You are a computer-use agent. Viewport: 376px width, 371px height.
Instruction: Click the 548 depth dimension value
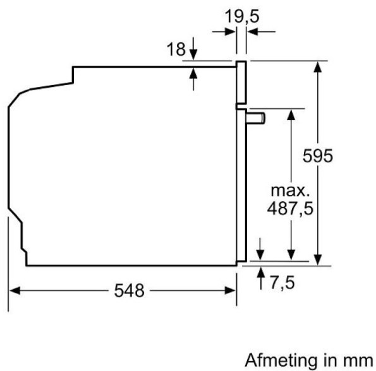[129, 291]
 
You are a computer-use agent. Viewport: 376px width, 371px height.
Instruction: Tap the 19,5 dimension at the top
[242, 15]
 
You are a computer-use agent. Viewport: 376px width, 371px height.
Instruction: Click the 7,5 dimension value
[283, 282]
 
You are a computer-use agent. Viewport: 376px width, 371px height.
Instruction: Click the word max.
[290, 190]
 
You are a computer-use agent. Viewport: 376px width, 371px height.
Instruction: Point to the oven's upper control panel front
[241, 82]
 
